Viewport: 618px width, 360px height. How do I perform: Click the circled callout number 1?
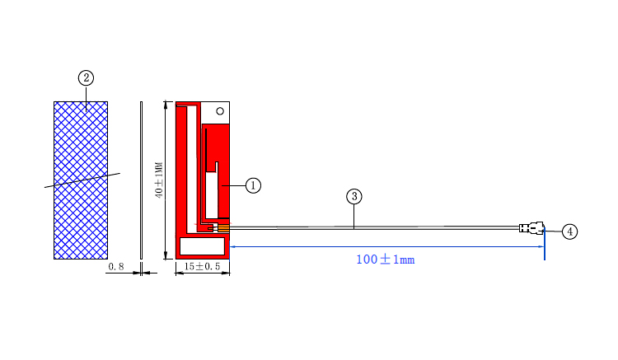(253, 185)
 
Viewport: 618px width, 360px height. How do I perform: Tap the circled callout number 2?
(86, 78)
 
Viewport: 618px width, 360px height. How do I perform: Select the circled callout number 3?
(354, 197)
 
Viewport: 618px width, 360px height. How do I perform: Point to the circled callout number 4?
(569, 231)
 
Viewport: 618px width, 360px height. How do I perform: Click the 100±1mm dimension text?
(385, 259)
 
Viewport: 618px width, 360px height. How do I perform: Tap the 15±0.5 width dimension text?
(201, 267)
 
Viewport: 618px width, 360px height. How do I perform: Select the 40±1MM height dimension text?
(159, 180)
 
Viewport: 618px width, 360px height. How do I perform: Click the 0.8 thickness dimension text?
(116, 267)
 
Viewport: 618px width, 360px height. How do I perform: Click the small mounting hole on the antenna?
(219, 110)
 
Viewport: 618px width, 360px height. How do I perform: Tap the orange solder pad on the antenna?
(222, 227)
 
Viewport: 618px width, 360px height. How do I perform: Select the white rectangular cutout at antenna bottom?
(202, 245)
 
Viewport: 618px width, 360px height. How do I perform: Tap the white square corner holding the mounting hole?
(216, 113)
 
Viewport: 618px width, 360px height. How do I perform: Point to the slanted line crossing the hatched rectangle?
(82, 180)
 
